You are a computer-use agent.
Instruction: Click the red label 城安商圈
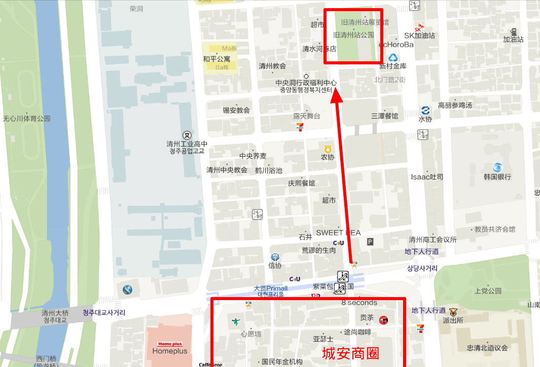(350, 353)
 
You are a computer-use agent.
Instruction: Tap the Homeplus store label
(170, 351)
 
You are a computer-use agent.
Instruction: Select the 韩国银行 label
(497, 177)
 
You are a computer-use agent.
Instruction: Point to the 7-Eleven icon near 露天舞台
(301, 126)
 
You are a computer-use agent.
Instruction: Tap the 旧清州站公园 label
(353, 35)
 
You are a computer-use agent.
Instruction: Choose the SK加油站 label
(419, 35)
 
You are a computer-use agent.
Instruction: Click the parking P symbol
(370, 242)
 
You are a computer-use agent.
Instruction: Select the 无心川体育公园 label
(27, 119)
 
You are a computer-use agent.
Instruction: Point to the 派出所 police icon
(453, 311)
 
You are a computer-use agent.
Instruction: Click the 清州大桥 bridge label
(55, 313)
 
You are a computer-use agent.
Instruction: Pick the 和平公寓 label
(217, 59)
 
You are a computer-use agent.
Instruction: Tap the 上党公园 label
(488, 291)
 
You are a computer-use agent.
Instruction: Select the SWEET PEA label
(338, 233)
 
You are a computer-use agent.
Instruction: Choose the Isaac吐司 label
(427, 177)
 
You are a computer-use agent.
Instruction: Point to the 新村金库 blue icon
(392, 58)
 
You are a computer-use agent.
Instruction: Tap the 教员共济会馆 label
(494, 229)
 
